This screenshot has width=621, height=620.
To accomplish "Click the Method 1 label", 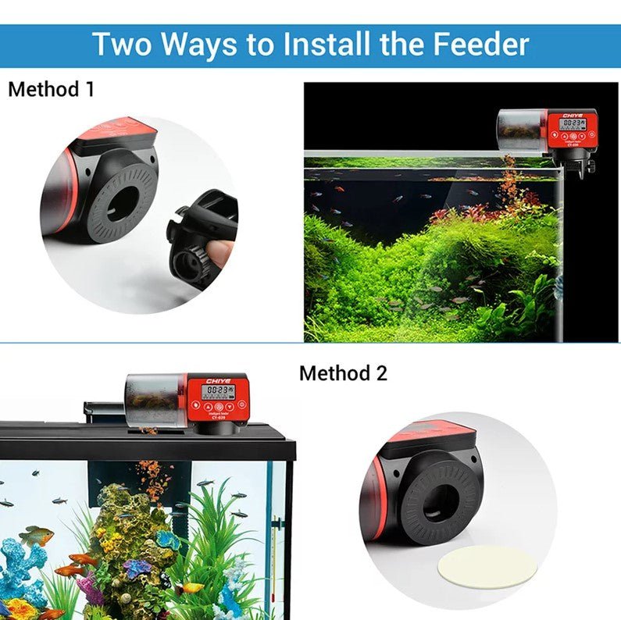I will (51, 89).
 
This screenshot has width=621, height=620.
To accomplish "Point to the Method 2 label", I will (343, 372).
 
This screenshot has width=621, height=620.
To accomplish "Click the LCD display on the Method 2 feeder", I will (217, 392).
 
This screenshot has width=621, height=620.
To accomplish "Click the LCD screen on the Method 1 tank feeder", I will (573, 123).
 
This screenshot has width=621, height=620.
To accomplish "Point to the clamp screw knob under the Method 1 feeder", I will (589, 166).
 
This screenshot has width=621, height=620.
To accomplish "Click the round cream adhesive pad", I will (487, 566).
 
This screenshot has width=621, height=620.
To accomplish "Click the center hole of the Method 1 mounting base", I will (123, 203).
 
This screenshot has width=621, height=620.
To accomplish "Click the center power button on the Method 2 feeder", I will (219, 407).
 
